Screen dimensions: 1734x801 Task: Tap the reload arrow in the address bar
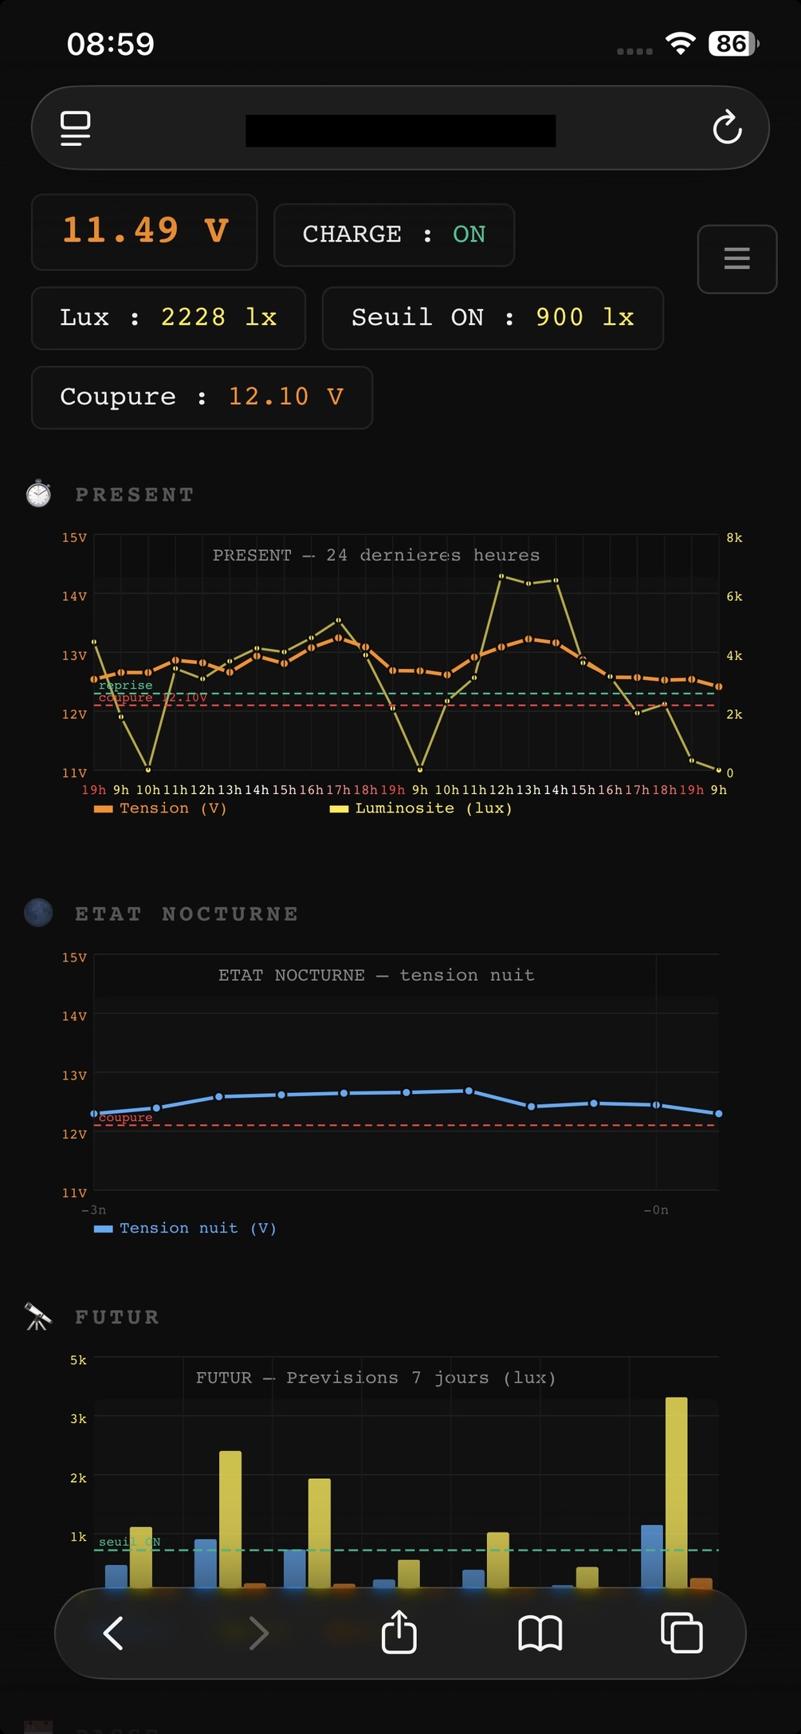click(727, 128)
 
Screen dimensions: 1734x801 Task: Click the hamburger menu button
click(736, 258)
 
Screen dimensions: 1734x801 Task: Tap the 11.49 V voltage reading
click(145, 231)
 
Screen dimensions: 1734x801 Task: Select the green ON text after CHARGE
click(469, 234)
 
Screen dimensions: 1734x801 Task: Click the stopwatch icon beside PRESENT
click(38, 494)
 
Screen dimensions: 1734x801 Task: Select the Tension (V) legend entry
click(160, 808)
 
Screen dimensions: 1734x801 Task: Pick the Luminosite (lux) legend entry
click(421, 808)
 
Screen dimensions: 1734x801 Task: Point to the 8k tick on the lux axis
click(734, 538)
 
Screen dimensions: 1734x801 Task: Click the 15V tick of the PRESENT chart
click(74, 538)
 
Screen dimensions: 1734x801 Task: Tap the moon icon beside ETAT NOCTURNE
click(38, 913)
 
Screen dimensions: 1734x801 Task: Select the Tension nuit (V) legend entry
click(185, 1228)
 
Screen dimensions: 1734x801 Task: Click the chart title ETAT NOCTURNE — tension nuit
click(376, 975)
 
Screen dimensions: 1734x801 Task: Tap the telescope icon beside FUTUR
click(37, 1316)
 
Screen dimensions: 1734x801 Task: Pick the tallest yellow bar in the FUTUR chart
click(676, 1491)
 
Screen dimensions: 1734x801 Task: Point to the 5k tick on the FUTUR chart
click(78, 1360)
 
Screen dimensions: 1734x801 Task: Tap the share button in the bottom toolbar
click(399, 1632)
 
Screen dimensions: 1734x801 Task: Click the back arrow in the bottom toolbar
click(113, 1632)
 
